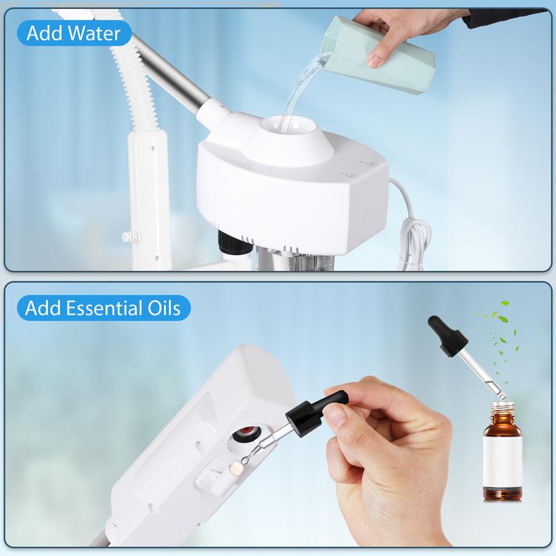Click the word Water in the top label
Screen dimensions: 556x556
(95, 33)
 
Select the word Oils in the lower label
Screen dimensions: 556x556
(164, 308)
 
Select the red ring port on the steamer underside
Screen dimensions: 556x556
(247, 432)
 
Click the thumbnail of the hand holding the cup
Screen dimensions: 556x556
(374, 63)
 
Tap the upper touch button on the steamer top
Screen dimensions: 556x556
(372, 165)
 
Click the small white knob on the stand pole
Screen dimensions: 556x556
(132, 236)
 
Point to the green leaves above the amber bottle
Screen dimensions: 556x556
(498, 341)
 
